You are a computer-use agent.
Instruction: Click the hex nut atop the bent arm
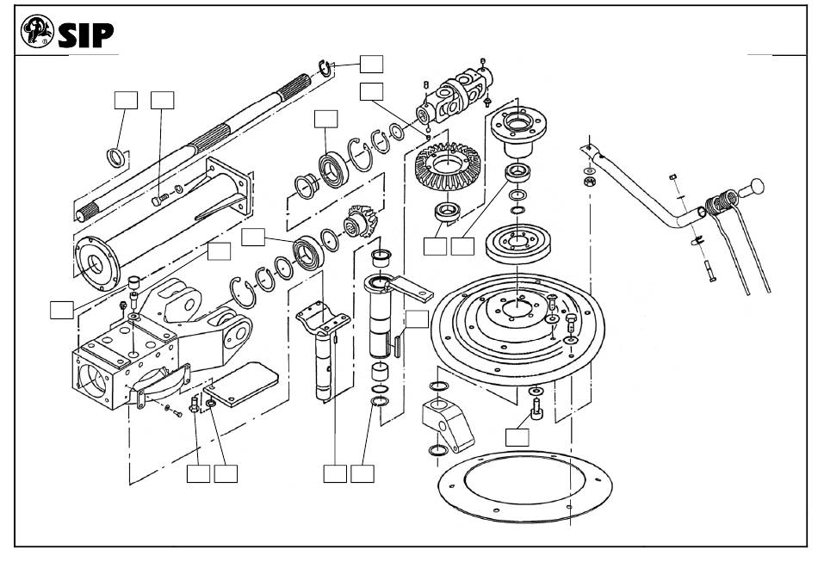(589, 182)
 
